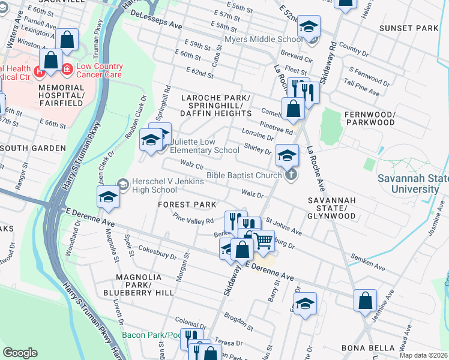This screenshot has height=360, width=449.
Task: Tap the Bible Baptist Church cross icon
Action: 291,175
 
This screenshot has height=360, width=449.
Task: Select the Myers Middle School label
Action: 263,40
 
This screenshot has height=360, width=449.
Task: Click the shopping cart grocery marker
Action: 264,241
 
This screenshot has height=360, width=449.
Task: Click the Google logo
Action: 20,352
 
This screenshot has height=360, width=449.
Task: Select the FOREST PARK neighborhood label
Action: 187,205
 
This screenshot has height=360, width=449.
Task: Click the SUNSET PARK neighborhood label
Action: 409,28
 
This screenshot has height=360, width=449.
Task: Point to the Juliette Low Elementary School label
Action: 205,146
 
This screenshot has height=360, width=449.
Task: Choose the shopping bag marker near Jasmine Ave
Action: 366,301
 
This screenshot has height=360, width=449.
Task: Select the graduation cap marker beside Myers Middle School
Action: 309,27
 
